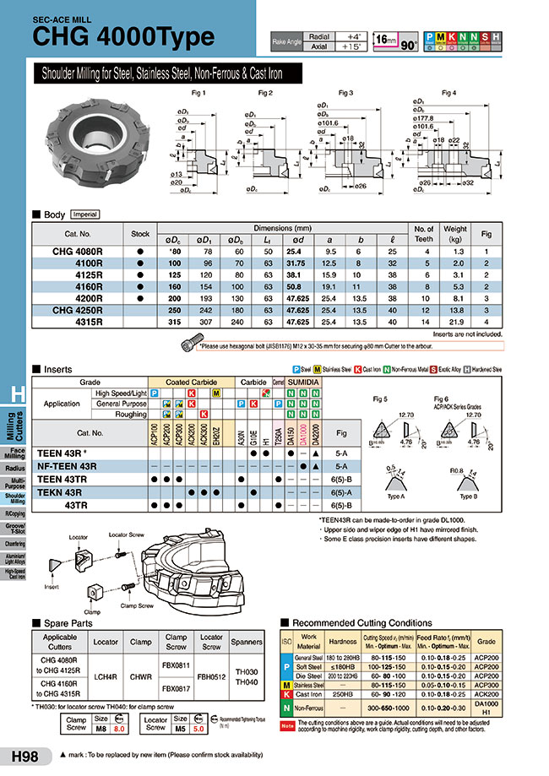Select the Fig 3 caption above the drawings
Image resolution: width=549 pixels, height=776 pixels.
(345, 92)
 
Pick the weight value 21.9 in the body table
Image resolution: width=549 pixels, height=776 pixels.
(455, 322)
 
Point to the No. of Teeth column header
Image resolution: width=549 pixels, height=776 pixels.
(424, 233)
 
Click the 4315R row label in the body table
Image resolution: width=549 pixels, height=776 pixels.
(87, 322)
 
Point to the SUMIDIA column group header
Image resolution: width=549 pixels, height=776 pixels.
(302, 382)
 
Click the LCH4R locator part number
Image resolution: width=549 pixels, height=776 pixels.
(106, 675)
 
